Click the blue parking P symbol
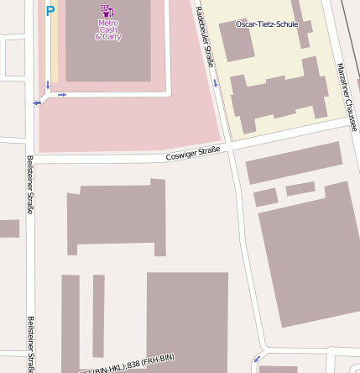click(x=50, y=11)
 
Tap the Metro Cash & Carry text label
click(x=107, y=30)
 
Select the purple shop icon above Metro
click(x=107, y=10)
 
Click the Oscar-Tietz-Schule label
click(x=266, y=24)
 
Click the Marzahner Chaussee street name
click(x=347, y=97)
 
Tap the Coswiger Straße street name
click(x=193, y=153)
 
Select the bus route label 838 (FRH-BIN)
click(x=147, y=362)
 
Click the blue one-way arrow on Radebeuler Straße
click(x=217, y=82)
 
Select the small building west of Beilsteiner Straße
click(x=8, y=229)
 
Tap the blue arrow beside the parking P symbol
click(x=48, y=85)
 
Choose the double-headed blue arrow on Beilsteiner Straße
click(x=37, y=102)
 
